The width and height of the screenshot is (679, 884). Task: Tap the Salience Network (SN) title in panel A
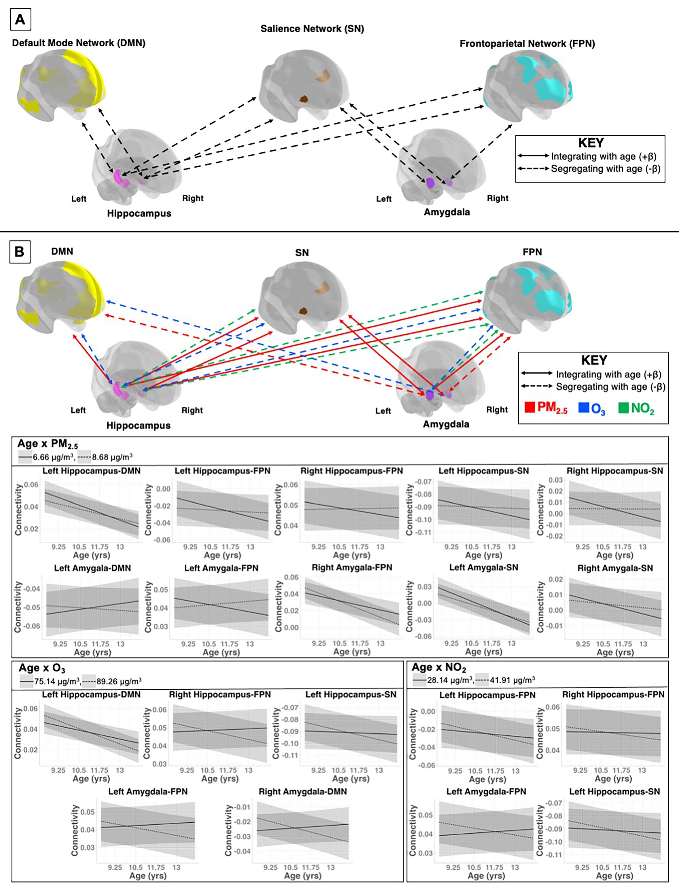click(312, 29)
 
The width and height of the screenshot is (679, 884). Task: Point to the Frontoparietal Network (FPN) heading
click(527, 44)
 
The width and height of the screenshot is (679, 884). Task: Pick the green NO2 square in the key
click(623, 408)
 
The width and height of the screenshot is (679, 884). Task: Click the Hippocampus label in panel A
click(139, 213)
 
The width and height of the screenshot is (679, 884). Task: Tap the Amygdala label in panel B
click(446, 424)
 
